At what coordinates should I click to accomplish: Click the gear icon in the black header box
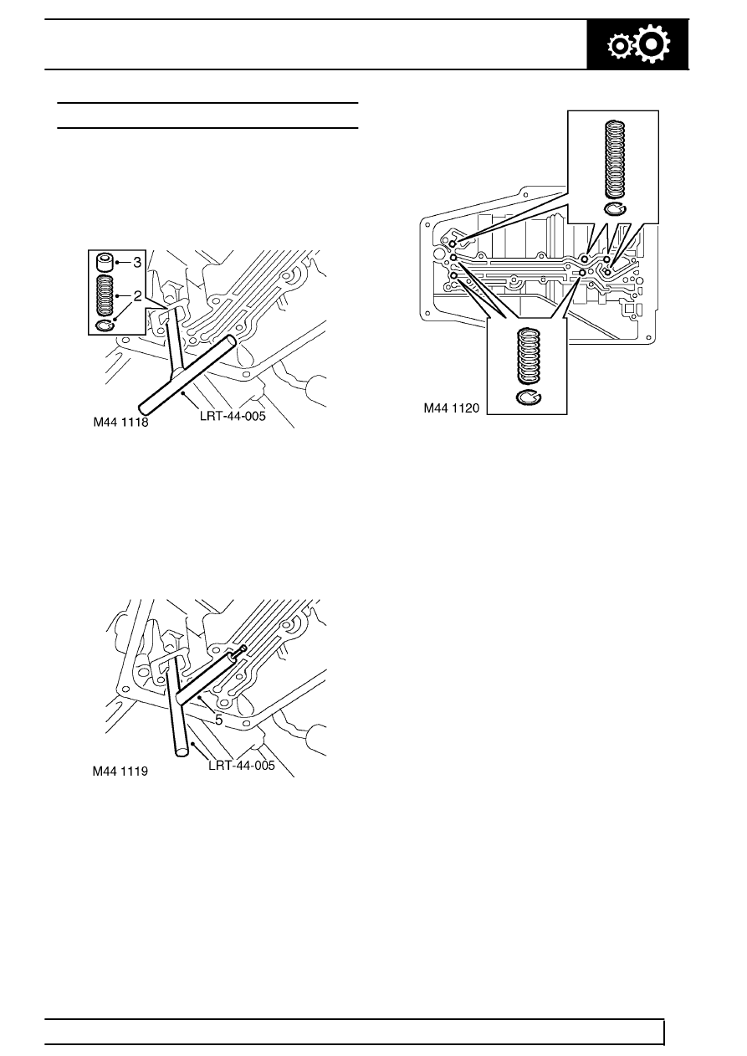(x=638, y=44)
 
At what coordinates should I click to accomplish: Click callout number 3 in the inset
(x=137, y=263)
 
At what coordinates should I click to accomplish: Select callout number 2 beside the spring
(x=138, y=296)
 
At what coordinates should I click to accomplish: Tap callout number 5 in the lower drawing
(x=218, y=720)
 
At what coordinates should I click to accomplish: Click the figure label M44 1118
(x=120, y=422)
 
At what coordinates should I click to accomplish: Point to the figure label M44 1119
(x=120, y=771)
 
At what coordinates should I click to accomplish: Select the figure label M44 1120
(x=452, y=408)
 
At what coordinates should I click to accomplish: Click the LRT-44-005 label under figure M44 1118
(x=233, y=416)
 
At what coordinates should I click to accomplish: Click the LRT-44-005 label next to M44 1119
(x=242, y=765)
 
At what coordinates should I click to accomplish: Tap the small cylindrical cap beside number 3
(x=105, y=263)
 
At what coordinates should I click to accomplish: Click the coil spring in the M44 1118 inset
(x=105, y=295)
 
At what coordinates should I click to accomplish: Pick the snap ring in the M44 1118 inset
(x=105, y=326)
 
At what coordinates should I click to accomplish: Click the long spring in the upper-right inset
(x=615, y=160)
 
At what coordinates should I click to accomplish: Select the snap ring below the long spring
(x=615, y=209)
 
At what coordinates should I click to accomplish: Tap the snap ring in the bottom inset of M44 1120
(x=529, y=397)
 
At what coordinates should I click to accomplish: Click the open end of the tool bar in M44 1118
(x=231, y=341)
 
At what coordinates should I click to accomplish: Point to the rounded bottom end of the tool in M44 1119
(x=182, y=752)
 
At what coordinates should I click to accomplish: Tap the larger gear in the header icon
(x=652, y=44)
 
